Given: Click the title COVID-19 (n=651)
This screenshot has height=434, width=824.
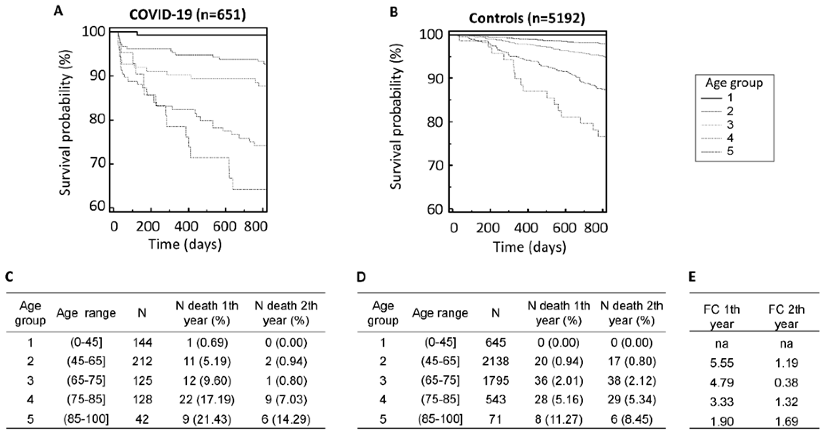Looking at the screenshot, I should point(188,15).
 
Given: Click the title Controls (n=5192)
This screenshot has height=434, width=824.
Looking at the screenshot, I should point(526,18).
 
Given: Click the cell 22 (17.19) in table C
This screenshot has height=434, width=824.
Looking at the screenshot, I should point(207,399).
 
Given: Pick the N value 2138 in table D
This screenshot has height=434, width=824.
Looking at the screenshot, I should point(495,362).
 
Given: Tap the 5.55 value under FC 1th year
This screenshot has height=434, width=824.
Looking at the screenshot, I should point(722,363).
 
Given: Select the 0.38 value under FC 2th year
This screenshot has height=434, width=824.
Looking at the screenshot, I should point(787,382).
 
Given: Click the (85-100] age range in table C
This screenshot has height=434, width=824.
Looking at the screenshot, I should point(86,419).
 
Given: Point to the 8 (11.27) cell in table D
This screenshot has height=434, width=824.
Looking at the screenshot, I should point(558,419).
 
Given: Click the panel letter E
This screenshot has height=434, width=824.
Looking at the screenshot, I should point(692,277).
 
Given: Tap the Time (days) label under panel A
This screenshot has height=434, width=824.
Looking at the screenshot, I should point(185,245).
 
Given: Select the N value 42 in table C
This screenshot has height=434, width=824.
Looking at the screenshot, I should point(142,419).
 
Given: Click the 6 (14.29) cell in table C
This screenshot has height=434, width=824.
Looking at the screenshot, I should point(286,419).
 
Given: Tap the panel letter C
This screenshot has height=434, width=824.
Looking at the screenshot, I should point(9,277).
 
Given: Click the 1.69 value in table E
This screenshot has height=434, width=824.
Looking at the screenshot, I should point(787,421).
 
